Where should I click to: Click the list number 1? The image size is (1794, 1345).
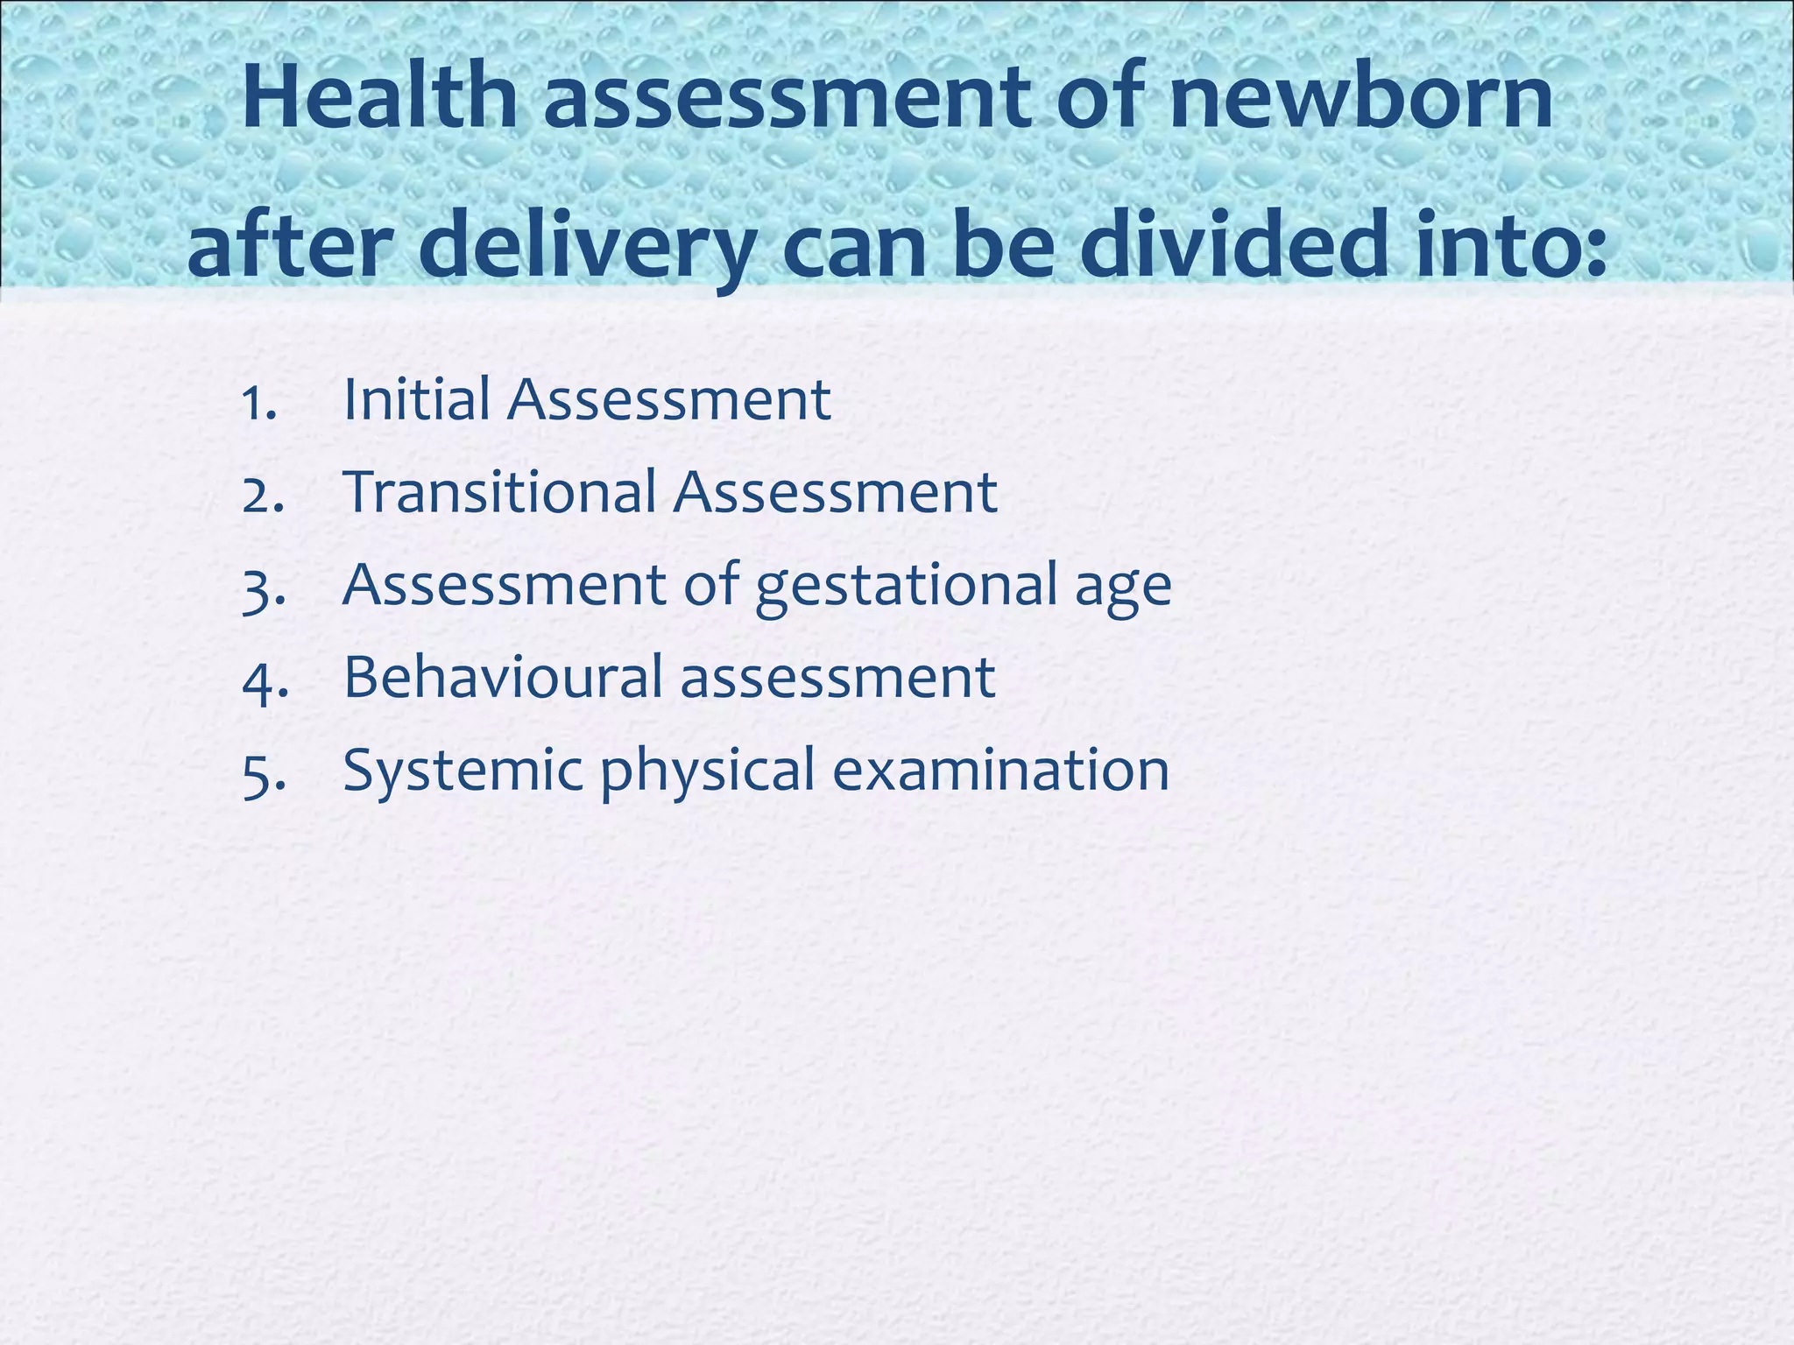[x=260, y=404]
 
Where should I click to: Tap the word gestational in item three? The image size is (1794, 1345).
[x=907, y=587]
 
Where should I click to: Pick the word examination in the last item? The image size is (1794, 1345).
[x=1000, y=771]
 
